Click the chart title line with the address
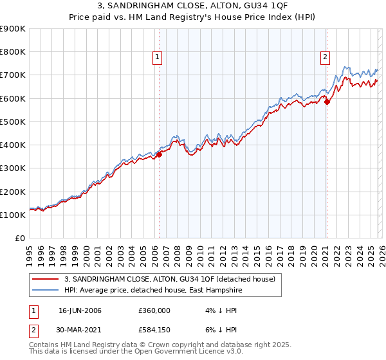pyautogui.click(x=193, y=6)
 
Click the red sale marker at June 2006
pyautogui.click(x=159, y=154)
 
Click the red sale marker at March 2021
pyautogui.click(x=327, y=102)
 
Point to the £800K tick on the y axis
pyautogui.click(x=13, y=52)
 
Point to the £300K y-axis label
pyautogui.click(x=13, y=168)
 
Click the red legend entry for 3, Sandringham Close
pyautogui.click(x=170, y=279)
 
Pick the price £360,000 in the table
pyautogui.click(x=154, y=310)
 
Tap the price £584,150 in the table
pyautogui.click(x=154, y=329)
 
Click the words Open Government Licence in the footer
pyautogui.click(x=187, y=352)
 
